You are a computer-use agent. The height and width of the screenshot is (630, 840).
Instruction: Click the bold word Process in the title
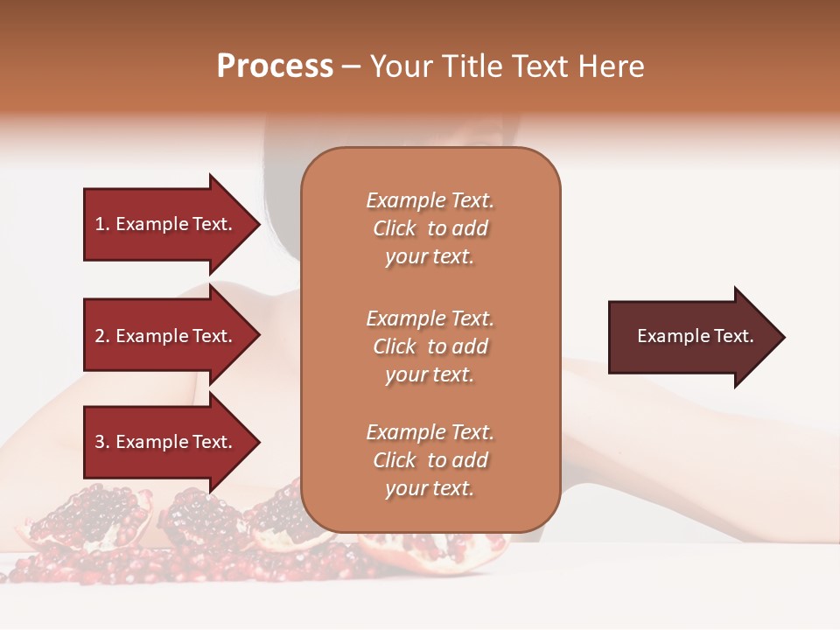(275, 66)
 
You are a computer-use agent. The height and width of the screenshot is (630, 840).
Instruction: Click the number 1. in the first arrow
(102, 224)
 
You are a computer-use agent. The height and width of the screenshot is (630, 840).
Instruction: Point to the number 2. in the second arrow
(102, 336)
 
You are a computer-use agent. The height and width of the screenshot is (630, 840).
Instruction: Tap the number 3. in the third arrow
(102, 442)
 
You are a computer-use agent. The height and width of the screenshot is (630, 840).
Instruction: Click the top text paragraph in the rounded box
(430, 228)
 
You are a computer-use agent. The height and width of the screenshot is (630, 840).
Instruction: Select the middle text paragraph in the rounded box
(430, 346)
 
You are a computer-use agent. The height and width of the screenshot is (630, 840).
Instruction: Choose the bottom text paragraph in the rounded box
(430, 460)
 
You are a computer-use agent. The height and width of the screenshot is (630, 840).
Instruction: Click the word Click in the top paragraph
(395, 228)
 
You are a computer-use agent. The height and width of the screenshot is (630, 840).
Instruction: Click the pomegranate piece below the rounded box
(437, 551)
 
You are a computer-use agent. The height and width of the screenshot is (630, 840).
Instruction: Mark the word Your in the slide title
(400, 66)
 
